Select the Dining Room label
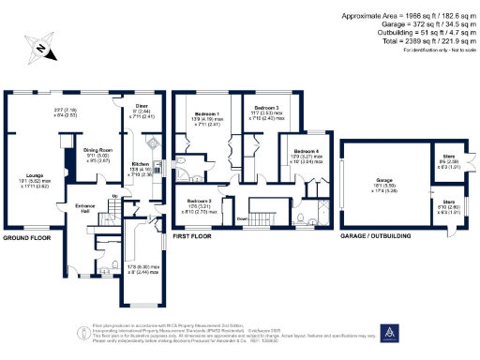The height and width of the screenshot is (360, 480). tap(99, 149)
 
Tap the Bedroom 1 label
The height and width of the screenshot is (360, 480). tap(204, 116)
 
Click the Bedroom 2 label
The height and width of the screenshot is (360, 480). tap(199, 201)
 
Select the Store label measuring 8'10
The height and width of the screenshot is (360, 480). tap(449, 201)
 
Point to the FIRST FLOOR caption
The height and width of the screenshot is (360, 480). tap(193, 238)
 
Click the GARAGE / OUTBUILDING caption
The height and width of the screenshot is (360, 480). tap(376, 238)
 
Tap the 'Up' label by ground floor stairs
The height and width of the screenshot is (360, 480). tap(115, 196)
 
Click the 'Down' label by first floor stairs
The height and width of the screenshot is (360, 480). tap(241, 220)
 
